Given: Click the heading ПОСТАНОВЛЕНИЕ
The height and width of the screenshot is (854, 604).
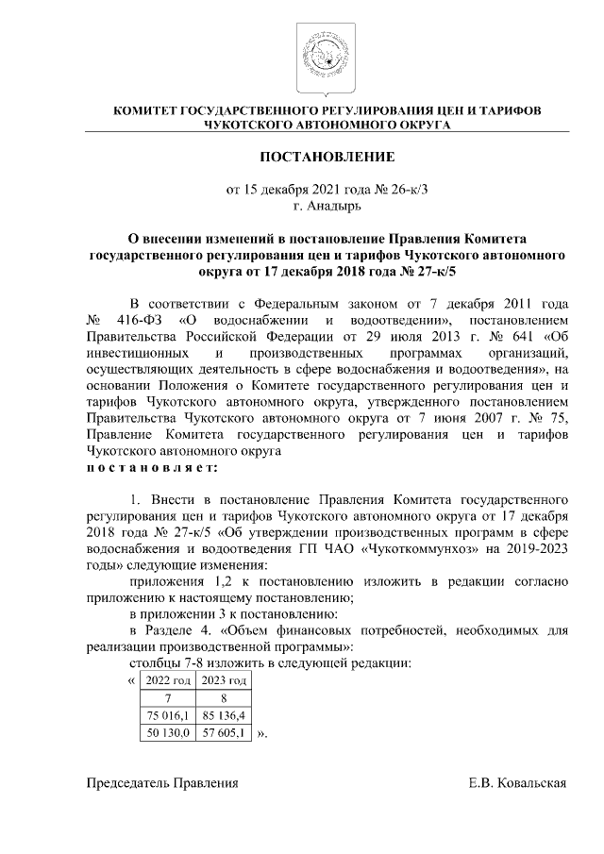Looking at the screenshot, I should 327,156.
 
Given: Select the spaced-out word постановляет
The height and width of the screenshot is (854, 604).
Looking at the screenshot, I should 151,467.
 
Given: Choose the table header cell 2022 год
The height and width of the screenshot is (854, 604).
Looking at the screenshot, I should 167,679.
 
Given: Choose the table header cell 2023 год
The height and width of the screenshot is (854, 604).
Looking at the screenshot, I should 222,679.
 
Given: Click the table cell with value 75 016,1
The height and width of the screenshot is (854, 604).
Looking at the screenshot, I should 167,714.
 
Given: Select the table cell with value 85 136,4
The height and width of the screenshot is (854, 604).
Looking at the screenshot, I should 222,714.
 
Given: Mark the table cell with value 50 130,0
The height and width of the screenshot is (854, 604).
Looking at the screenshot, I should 167,731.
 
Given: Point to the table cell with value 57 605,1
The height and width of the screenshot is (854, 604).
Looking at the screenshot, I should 222,731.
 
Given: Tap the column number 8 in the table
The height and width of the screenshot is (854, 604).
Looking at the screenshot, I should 222,697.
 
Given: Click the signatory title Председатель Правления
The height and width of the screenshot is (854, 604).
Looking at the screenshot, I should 162,783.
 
